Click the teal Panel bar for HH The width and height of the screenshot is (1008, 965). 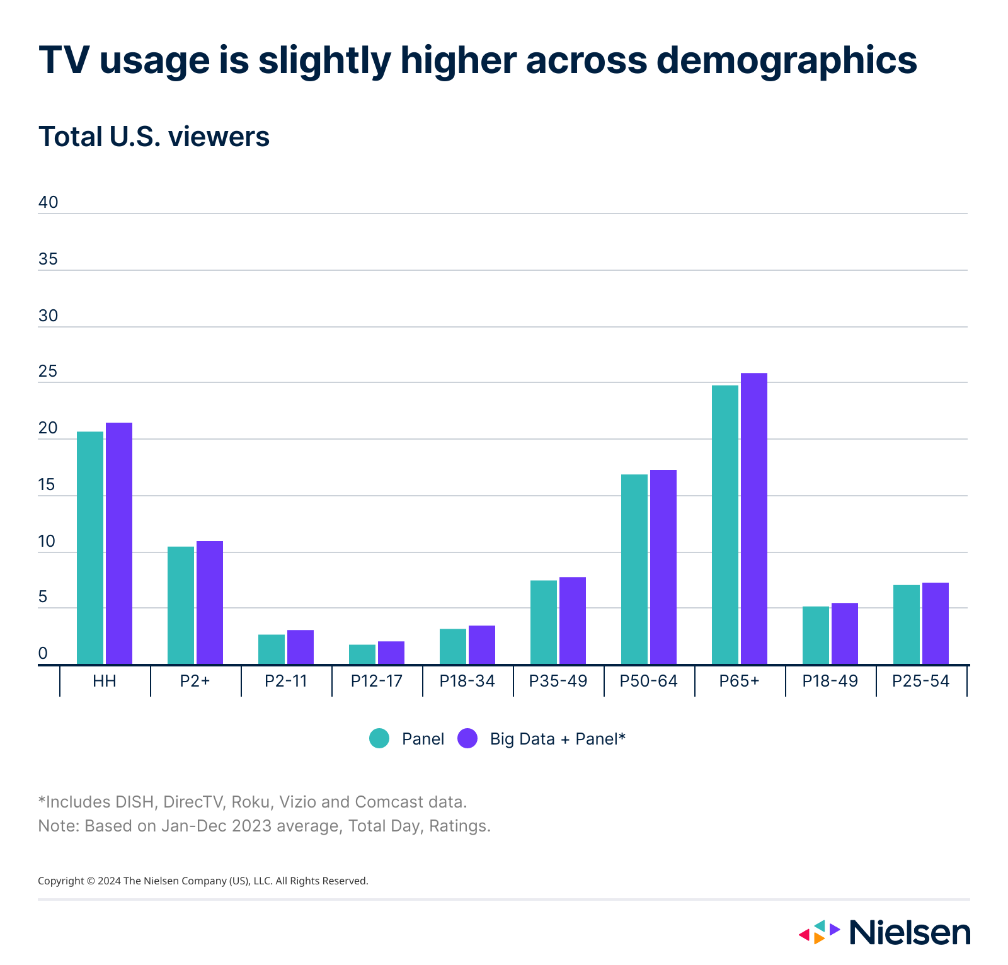pos(90,548)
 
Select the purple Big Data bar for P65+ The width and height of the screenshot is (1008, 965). pos(754,519)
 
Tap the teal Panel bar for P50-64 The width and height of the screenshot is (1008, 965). pos(634,569)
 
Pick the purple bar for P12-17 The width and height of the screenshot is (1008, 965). pos(391,653)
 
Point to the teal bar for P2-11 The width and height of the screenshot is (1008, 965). pos(272,649)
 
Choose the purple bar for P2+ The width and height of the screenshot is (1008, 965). pos(210,603)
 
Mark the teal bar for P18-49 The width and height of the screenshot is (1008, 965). pos(816,636)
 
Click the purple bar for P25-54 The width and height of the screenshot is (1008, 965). pos(936,624)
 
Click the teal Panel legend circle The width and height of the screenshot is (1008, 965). pos(379,738)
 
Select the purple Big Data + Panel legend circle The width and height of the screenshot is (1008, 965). pos(467,738)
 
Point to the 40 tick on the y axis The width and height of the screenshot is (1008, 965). pos(49,202)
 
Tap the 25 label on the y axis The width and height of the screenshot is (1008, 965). pos(48,372)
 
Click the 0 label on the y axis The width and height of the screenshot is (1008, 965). pos(43,653)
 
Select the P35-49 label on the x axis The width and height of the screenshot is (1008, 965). pos(558,681)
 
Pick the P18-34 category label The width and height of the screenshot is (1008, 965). pos(467,681)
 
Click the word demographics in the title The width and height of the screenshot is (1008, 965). pos(786,61)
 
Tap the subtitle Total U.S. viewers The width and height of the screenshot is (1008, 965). pos(154,137)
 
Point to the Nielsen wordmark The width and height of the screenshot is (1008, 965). pos(910,932)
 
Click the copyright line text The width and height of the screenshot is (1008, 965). pos(203,881)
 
